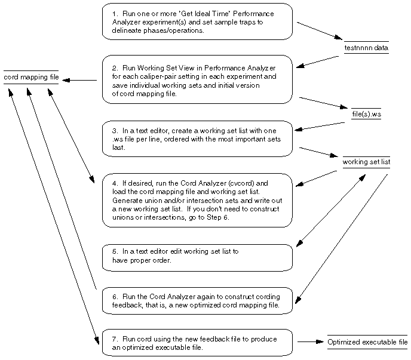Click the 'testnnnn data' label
click(x=366, y=47)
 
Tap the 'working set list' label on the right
click(x=366, y=162)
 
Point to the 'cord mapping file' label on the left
click(x=31, y=78)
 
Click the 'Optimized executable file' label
click(x=367, y=342)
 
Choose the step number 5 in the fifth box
click(x=114, y=251)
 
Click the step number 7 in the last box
click(x=114, y=339)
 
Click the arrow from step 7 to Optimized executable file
click(x=310, y=342)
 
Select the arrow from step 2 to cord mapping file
click(x=80, y=80)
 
